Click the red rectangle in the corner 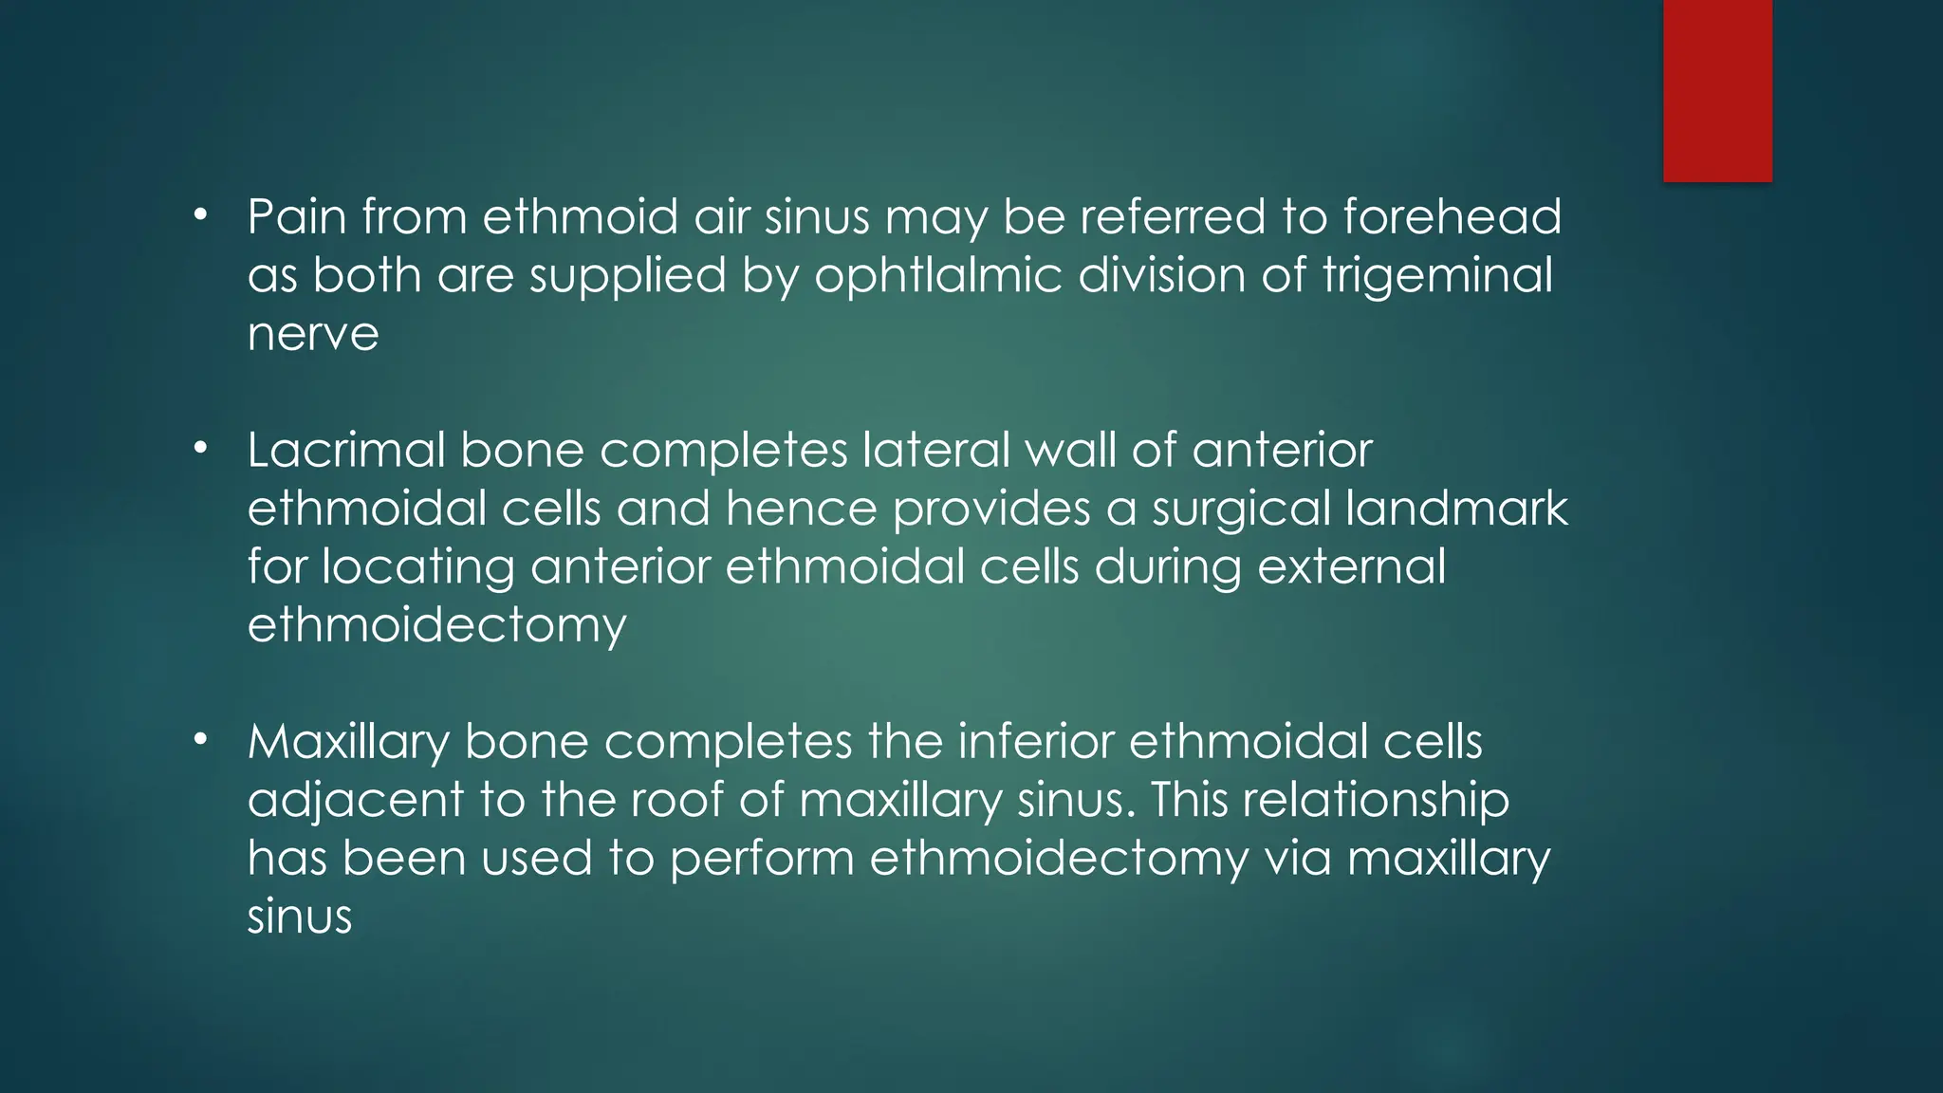click(1717, 90)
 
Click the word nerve click(313, 335)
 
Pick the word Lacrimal click(345, 450)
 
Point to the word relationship click(1376, 801)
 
